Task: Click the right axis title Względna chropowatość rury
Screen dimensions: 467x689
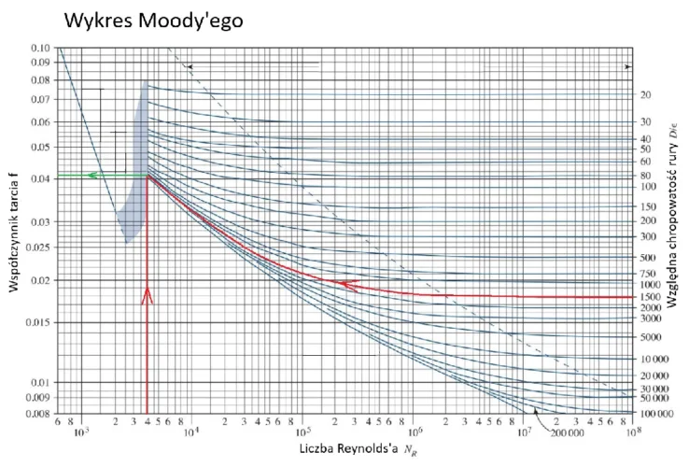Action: coord(672,224)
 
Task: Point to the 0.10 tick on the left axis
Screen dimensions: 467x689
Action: coord(39,48)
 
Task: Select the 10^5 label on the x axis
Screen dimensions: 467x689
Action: coord(302,433)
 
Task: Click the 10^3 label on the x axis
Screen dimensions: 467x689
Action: coord(80,433)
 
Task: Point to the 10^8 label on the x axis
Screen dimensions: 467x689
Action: coord(635,433)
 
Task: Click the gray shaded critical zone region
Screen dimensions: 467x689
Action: coord(136,187)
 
